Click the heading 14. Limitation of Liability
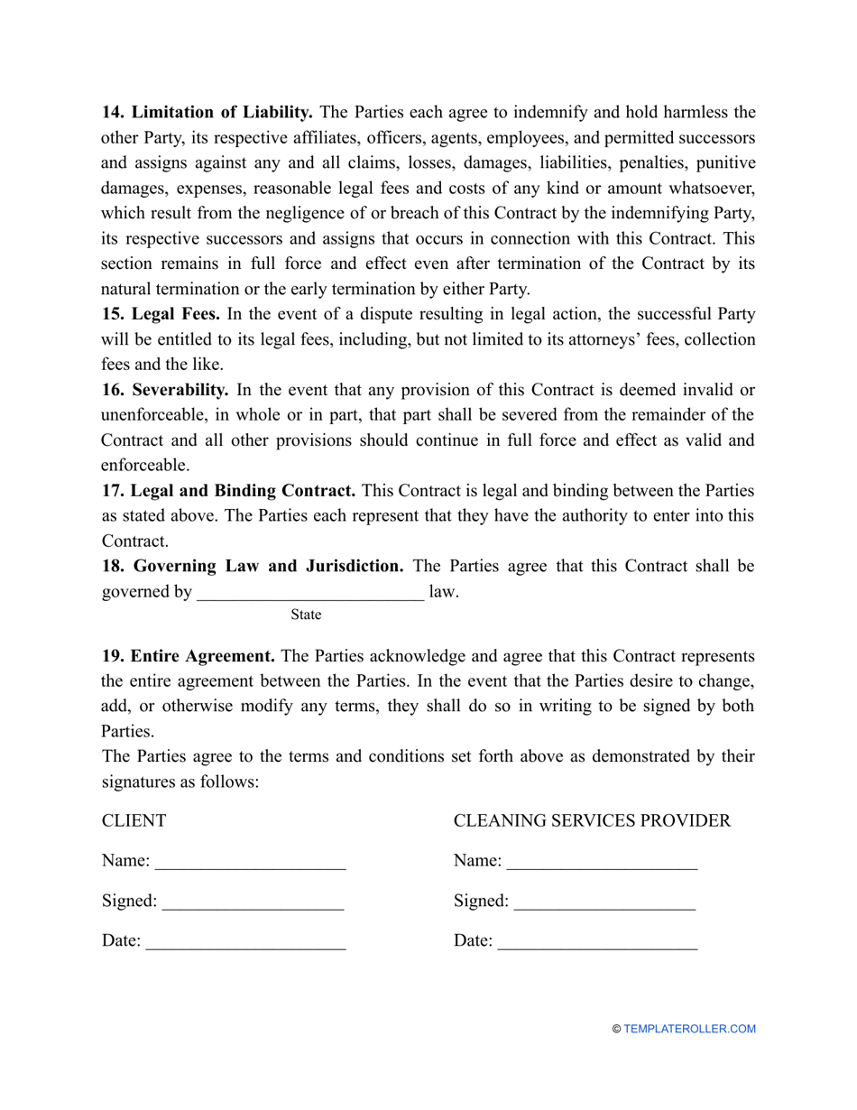tap(207, 113)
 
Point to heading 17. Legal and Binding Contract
tap(228, 491)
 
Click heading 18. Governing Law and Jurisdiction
tap(253, 566)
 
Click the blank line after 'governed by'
tap(309, 593)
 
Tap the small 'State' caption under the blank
tap(306, 615)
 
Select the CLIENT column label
tap(134, 821)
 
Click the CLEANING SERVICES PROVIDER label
tap(592, 821)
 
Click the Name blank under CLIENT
tap(251, 862)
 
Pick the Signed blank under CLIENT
tap(253, 901)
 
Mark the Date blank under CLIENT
tap(245, 942)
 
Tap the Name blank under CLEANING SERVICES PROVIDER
tap(602, 862)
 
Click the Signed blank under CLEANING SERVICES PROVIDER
tap(604, 901)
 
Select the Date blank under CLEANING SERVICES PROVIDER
tap(597, 942)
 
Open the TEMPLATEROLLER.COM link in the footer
tap(689, 1029)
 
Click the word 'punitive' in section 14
tap(724, 163)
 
